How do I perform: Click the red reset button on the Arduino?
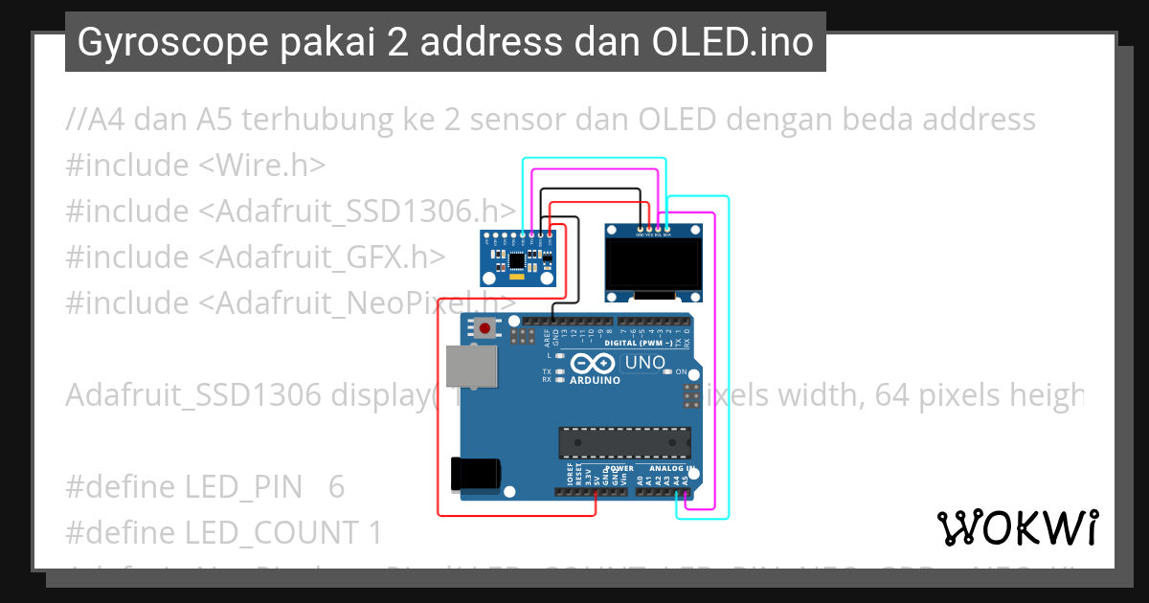click(485, 329)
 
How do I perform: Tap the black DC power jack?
click(475, 474)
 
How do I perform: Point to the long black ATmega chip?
click(624, 442)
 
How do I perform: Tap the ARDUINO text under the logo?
click(595, 380)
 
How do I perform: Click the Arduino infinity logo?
click(594, 364)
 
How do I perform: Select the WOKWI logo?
click(1017, 527)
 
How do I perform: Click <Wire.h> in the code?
click(261, 166)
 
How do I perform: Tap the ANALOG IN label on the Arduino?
click(666, 469)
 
